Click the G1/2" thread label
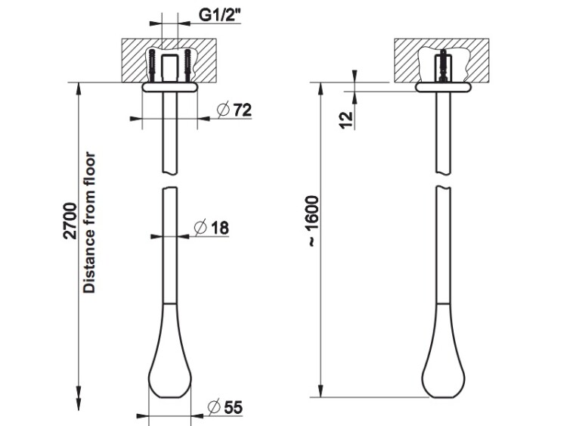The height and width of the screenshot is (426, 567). point(220,15)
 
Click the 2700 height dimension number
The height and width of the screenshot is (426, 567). point(70,221)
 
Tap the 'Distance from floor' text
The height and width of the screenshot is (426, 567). point(89,222)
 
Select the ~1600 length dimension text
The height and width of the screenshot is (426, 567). point(312,222)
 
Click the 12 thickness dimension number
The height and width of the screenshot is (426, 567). point(346,120)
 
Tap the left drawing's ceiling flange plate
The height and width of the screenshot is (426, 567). point(170,87)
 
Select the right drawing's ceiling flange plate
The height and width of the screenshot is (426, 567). point(443,87)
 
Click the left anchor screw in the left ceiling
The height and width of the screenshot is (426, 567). point(152,66)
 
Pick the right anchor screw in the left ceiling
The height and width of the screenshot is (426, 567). point(187,66)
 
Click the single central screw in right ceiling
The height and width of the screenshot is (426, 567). point(442,66)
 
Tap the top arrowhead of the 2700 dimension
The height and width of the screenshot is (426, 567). point(79,89)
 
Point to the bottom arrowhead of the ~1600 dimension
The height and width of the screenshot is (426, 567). point(321,391)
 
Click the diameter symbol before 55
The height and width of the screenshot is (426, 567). point(214,407)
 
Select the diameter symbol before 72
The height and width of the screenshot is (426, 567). point(223,110)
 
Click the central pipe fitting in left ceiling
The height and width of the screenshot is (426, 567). point(170,68)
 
